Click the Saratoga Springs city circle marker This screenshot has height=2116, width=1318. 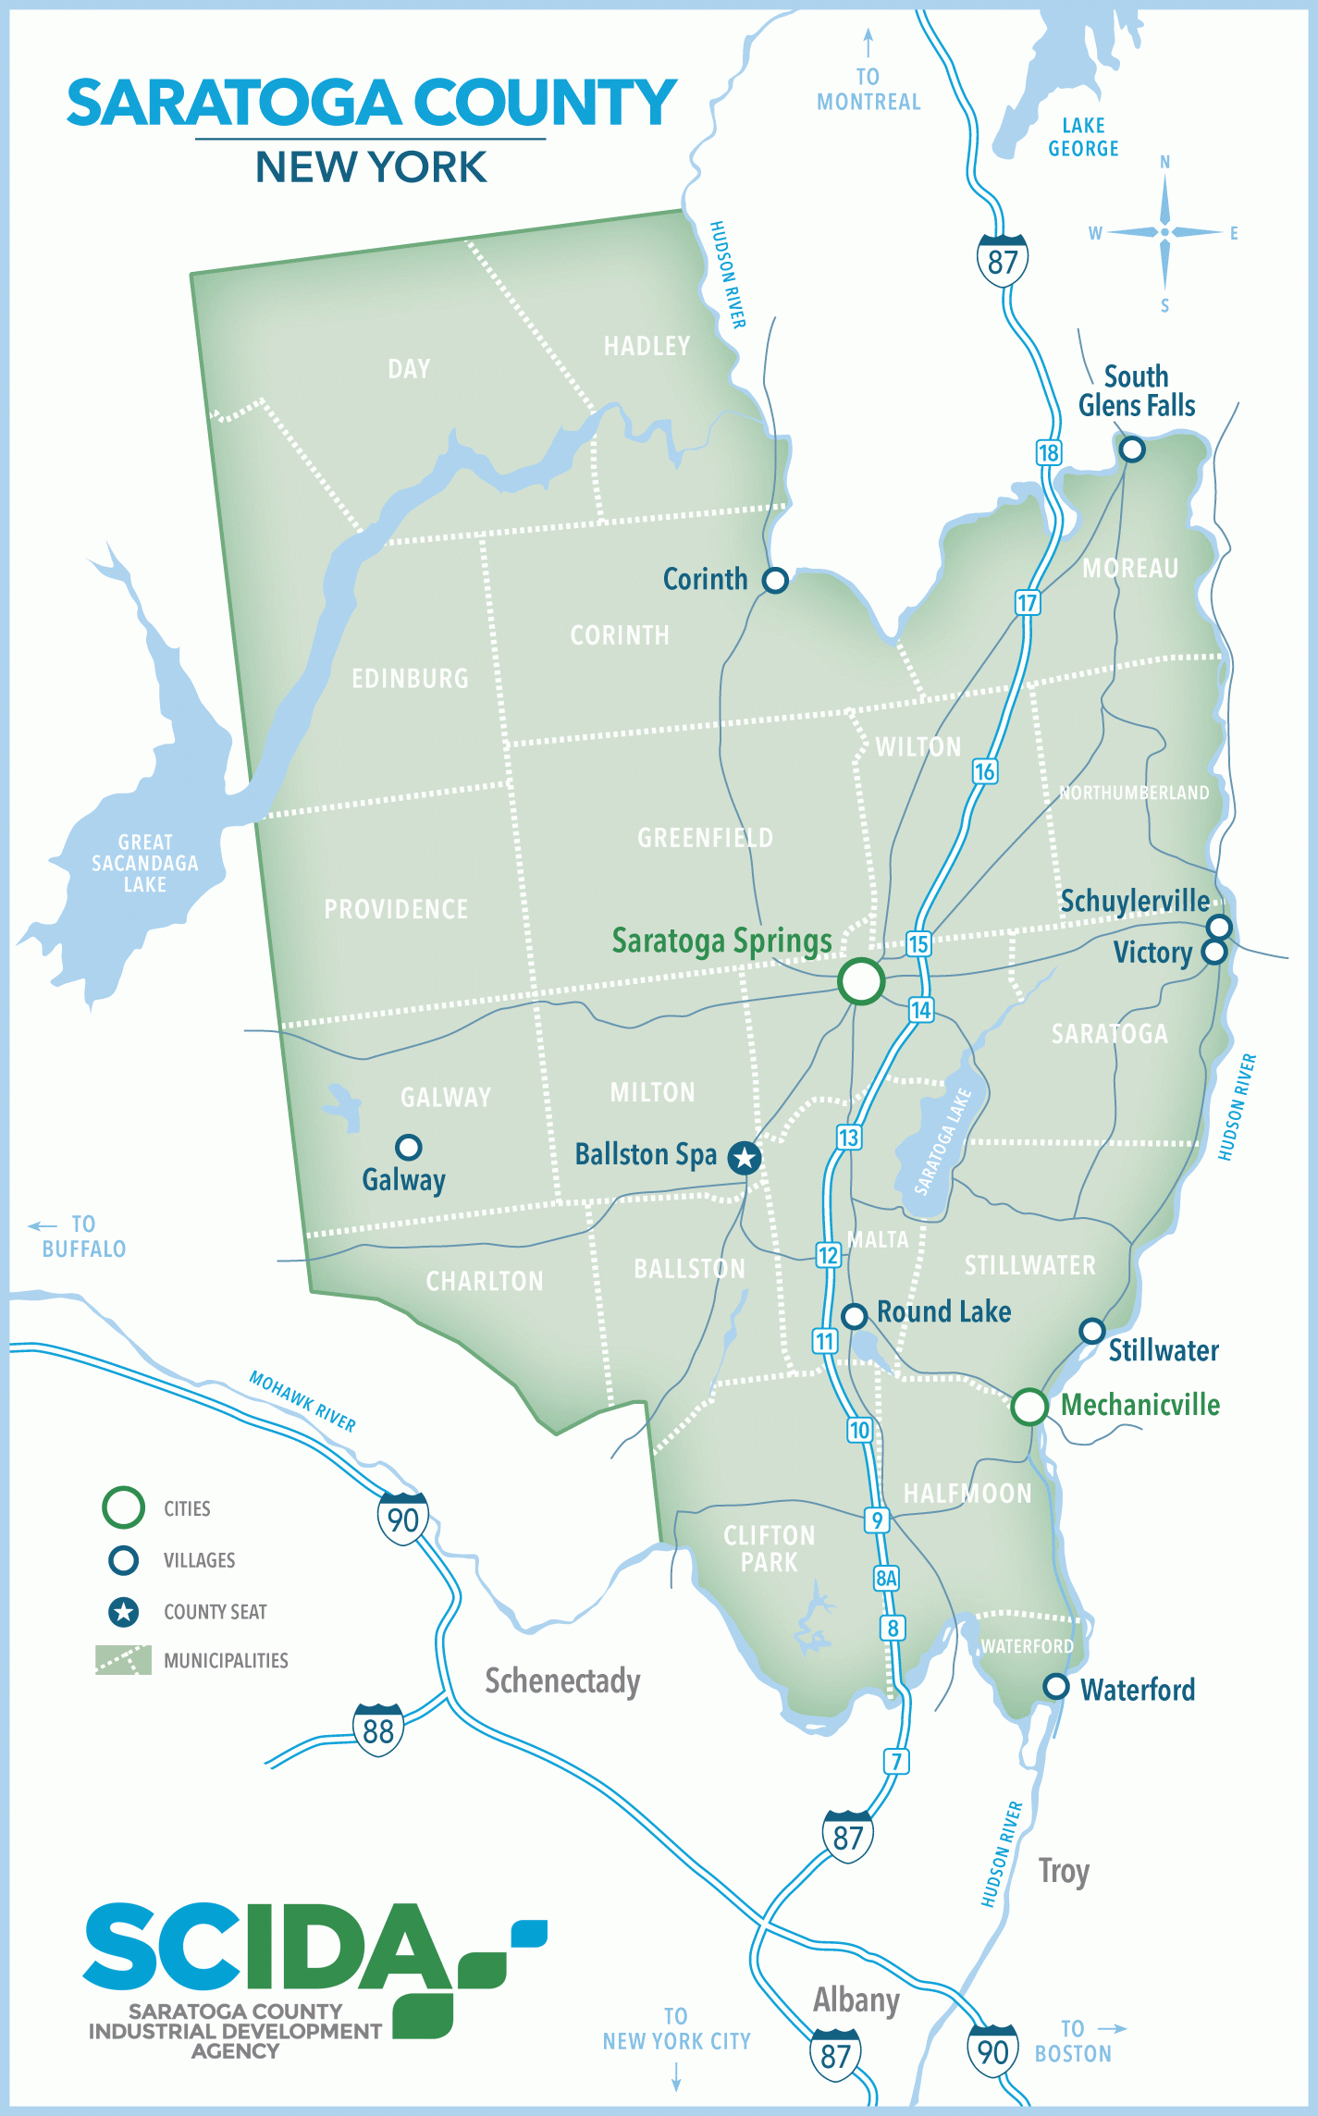(x=861, y=980)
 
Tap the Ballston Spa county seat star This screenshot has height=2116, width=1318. (x=745, y=1158)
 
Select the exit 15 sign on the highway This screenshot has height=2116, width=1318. (x=918, y=944)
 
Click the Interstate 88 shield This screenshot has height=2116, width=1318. (x=377, y=1730)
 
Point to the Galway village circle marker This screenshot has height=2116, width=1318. (x=408, y=1147)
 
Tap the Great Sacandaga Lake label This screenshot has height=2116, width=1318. (x=145, y=863)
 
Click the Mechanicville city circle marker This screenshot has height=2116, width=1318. (x=1029, y=1407)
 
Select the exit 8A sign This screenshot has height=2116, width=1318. (x=886, y=1578)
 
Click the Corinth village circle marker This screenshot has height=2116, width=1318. (x=775, y=580)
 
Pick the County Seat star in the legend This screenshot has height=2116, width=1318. (x=123, y=1612)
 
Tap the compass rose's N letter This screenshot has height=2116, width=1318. (x=1164, y=163)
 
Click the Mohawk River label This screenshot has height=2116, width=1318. (x=302, y=1400)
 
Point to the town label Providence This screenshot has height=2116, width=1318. (x=396, y=909)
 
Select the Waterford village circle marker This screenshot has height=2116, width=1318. (x=1055, y=1686)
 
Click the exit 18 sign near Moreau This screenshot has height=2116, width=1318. (x=1048, y=452)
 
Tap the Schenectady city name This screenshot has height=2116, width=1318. (x=562, y=1680)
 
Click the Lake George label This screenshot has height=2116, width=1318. (x=1083, y=137)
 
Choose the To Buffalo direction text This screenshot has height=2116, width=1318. (x=82, y=1236)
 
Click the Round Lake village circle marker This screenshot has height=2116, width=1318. (x=854, y=1315)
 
